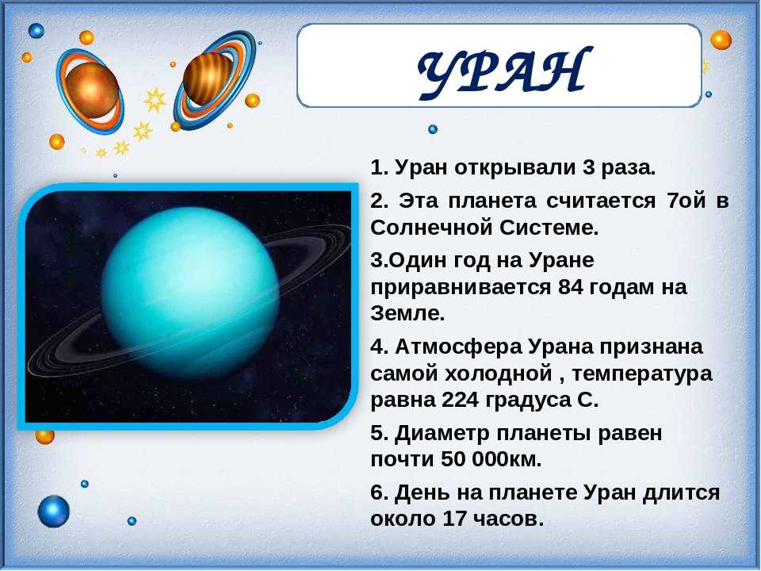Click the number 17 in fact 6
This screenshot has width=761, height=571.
pos(453,519)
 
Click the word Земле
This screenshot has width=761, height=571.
pos(407,314)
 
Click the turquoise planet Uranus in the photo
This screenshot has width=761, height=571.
pos(190,293)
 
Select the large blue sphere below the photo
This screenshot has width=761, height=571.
pos(53,512)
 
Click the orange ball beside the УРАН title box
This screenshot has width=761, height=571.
pos(721,40)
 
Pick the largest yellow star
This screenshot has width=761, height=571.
pos(155,100)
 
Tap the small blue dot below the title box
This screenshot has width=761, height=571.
pos(433,129)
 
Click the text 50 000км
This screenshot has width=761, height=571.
pos(491,459)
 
